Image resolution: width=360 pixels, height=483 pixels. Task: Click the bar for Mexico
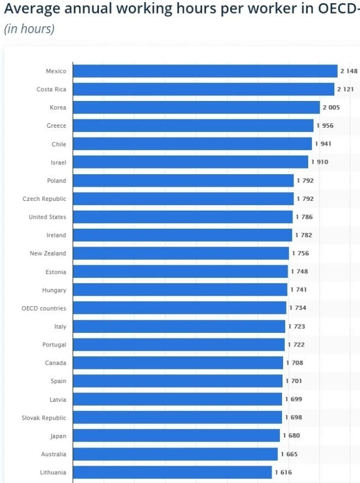[205, 71]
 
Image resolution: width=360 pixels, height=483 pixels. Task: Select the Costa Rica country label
[51, 90]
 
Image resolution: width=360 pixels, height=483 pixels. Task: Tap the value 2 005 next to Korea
[331, 108]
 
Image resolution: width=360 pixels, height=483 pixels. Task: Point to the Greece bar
[193, 126]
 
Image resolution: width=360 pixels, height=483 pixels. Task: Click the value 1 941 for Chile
[323, 144]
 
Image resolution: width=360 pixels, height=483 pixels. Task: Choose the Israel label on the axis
[58, 162]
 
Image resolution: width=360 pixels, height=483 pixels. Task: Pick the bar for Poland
[183, 181]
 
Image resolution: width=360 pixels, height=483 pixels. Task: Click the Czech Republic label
[44, 199]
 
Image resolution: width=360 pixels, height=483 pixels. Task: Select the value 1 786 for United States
[304, 217]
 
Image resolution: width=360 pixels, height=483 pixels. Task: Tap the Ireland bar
[182, 235]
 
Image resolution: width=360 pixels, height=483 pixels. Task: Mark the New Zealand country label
[48, 253]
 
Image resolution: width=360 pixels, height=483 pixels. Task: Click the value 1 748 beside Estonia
[299, 272]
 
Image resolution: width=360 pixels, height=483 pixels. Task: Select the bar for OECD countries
[179, 308]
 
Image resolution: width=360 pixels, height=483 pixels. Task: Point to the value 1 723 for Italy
[297, 326]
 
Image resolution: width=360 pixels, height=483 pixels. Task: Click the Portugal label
[54, 345]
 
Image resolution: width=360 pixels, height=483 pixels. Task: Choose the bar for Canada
[178, 363]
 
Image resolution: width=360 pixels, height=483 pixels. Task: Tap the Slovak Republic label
[44, 418]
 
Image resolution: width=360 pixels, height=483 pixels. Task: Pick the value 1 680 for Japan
[291, 436]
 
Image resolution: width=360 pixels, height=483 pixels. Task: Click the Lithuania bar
[172, 472]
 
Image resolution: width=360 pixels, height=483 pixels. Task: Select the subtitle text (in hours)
[29, 29]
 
